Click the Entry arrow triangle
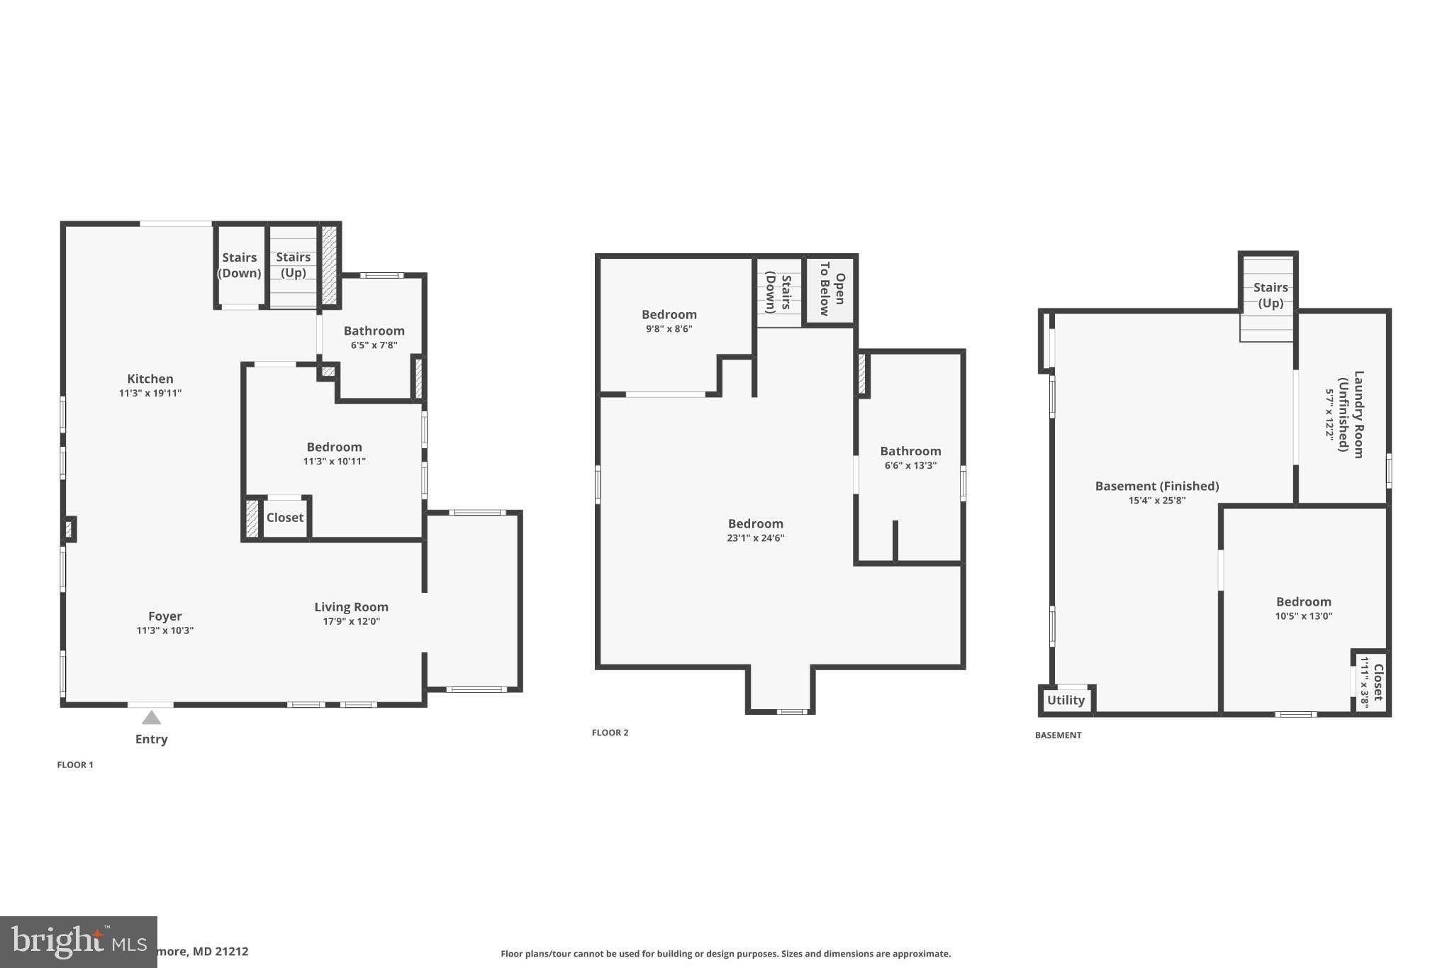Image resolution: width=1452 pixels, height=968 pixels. click(x=151, y=718)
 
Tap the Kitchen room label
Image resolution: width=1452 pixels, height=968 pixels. click(x=150, y=379)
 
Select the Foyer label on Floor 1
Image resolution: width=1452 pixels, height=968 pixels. click(x=165, y=616)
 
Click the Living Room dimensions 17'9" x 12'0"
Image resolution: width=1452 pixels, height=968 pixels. click(x=352, y=622)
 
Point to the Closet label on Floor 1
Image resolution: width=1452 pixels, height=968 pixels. click(x=285, y=518)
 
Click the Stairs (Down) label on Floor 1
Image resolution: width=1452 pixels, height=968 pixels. click(x=240, y=265)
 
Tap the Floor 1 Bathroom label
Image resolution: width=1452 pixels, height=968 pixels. click(x=374, y=330)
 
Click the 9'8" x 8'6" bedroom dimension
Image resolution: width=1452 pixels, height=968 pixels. click(x=669, y=329)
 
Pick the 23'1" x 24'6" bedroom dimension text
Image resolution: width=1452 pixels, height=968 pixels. click(x=756, y=538)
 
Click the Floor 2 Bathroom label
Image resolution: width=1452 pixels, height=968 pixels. click(x=911, y=451)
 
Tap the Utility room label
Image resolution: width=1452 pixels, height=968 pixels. click(x=1066, y=700)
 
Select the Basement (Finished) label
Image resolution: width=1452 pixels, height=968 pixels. click(x=1157, y=486)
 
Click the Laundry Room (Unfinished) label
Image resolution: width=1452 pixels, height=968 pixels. click(x=1351, y=415)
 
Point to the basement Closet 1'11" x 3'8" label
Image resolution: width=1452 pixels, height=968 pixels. click(x=1371, y=682)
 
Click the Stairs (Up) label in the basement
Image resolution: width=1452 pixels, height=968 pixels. click(x=1270, y=295)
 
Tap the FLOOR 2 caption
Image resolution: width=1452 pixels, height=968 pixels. click(x=610, y=733)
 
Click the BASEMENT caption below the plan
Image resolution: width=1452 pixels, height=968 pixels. click(x=1059, y=735)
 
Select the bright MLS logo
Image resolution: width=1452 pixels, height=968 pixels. click(x=78, y=942)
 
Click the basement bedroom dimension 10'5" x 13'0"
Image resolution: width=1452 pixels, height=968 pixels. click(x=1304, y=616)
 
